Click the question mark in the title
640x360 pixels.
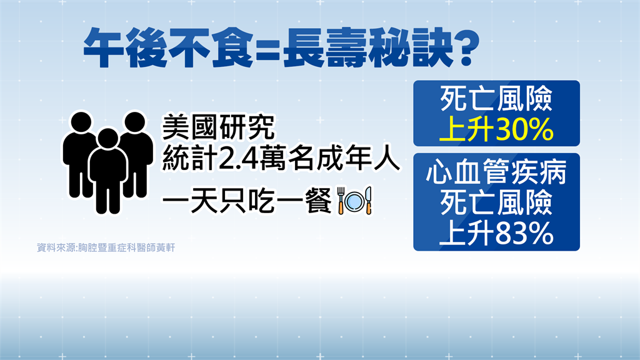click(x=466, y=47)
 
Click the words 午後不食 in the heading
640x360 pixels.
click(x=168, y=48)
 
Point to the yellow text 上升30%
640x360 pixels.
click(x=496, y=129)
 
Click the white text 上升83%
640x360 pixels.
click(x=496, y=233)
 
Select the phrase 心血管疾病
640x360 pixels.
click(x=496, y=171)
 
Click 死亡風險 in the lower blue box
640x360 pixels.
click(x=496, y=202)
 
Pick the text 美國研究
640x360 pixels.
click(x=219, y=127)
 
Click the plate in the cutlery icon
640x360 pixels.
click(x=354, y=201)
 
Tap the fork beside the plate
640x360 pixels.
click(x=341, y=201)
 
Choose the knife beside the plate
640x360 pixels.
click(x=368, y=201)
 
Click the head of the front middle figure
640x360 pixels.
click(x=108, y=139)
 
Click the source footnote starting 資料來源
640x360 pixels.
click(x=106, y=247)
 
